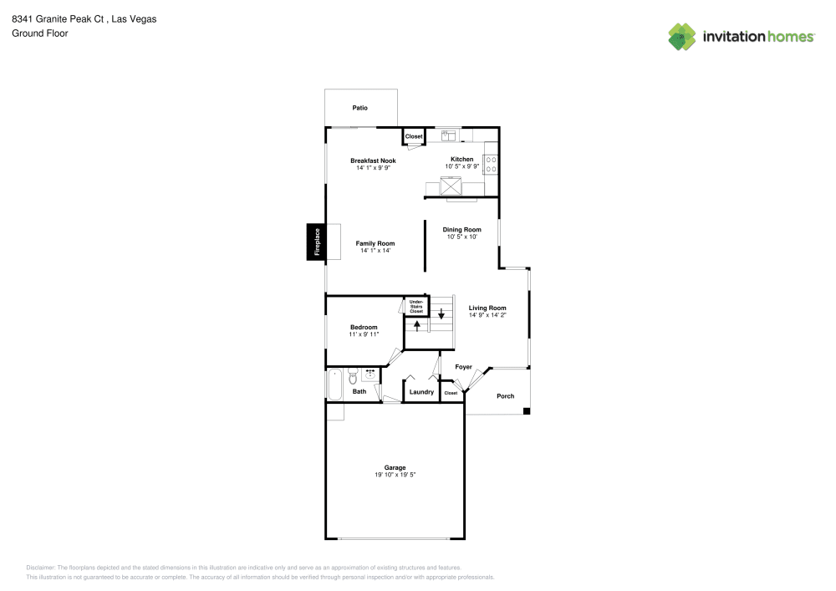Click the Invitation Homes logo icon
pos(681,37)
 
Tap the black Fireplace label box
pos(317,242)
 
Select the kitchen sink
pos(449,134)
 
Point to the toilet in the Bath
pos(353,375)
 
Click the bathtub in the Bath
pos(334,384)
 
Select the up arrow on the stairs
pos(416,324)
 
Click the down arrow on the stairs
pos(441,315)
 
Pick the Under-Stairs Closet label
pos(416,306)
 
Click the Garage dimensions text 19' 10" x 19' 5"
pos(395,475)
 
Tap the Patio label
pos(359,108)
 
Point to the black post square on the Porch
pos(526,410)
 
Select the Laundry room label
pos(421,391)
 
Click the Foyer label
pos(463,367)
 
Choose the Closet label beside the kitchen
pos(414,136)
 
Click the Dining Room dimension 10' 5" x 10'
pos(461,237)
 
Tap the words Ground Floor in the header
pos(39,33)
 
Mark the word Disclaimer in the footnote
pos(41,567)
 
